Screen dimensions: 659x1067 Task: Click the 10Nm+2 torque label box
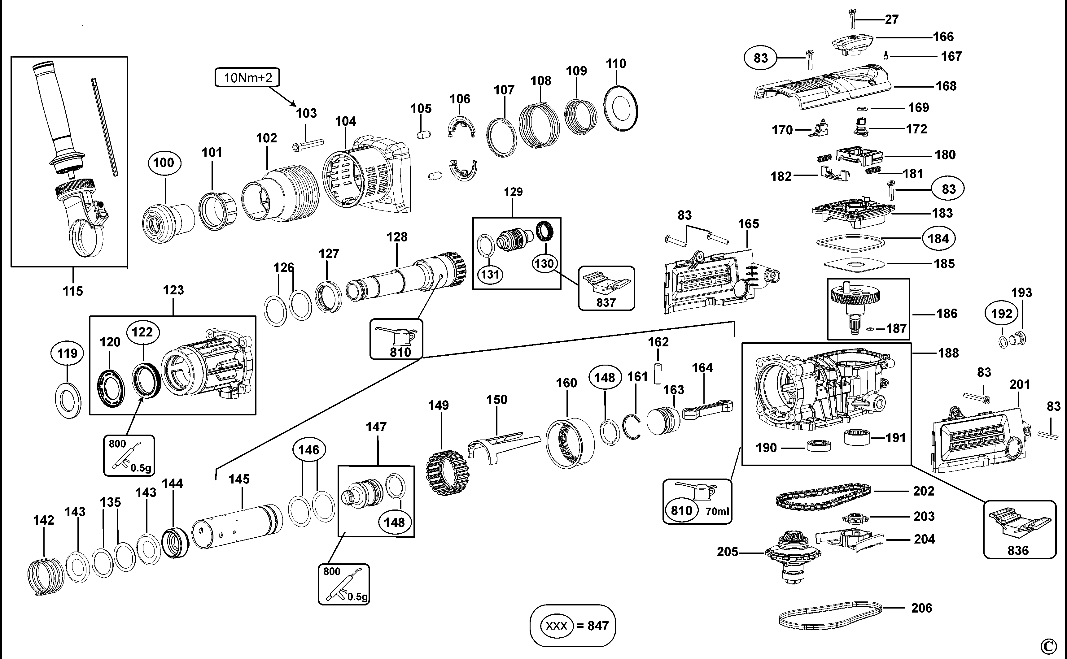click(247, 78)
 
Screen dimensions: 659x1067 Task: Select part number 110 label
click(616, 64)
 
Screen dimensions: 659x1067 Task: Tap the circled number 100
click(164, 163)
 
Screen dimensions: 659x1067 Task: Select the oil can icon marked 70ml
click(697, 501)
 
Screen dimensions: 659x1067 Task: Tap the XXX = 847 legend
click(573, 626)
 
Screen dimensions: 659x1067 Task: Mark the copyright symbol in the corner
click(1049, 646)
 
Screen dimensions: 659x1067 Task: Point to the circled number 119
click(67, 353)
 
